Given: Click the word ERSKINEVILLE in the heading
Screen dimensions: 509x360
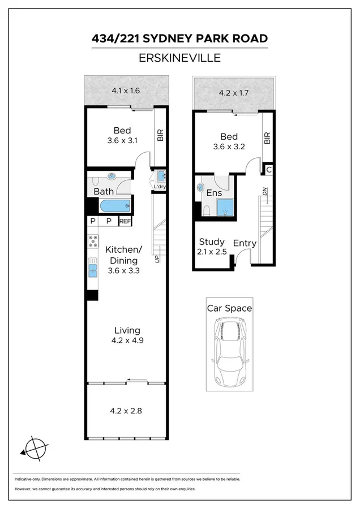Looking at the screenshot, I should click(x=179, y=58).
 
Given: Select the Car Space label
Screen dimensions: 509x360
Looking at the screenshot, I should click(x=229, y=308).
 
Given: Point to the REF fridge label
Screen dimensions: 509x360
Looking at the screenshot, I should click(x=125, y=221).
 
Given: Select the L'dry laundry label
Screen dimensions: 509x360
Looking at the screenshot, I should click(x=159, y=187).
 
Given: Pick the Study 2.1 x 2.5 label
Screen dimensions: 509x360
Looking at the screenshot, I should click(x=212, y=247).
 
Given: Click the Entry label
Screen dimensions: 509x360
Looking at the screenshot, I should click(x=245, y=243).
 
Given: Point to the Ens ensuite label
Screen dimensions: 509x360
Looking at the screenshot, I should click(x=213, y=193).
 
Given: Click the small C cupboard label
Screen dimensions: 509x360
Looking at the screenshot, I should click(x=269, y=169).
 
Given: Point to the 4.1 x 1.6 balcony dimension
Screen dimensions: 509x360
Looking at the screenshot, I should click(x=125, y=90).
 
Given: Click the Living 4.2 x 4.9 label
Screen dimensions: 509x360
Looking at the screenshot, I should click(x=127, y=335).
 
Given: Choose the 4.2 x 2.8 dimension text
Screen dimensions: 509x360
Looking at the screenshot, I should click(x=126, y=411).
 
